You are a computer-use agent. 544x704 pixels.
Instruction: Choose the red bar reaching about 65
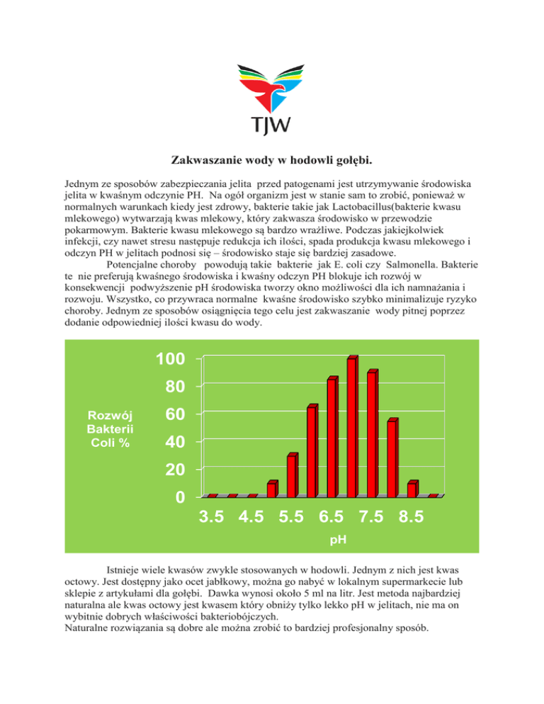[312, 451]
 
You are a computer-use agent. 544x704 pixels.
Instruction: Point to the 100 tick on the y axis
[171, 359]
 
